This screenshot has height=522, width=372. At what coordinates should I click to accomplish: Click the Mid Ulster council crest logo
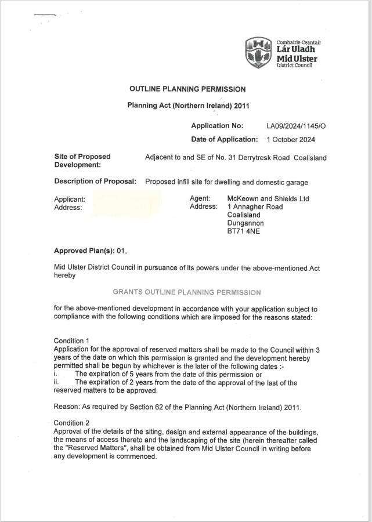[x=258, y=52]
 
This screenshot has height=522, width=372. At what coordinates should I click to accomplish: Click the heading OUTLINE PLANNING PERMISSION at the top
[x=187, y=89]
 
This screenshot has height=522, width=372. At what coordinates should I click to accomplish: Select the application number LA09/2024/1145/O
[x=296, y=126]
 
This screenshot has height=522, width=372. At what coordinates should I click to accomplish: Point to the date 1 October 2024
[x=290, y=140]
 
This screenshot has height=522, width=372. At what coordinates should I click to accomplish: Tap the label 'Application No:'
[x=217, y=126]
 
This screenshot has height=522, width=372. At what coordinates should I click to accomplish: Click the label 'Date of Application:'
[x=224, y=140]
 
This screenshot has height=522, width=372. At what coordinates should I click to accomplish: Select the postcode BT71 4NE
[x=243, y=231]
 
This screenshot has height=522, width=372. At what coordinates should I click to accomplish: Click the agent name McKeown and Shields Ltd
[x=268, y=199]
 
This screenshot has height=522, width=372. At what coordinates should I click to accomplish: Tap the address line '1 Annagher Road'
[x=255, y=207]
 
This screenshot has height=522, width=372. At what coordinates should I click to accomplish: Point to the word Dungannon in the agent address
[x=245, y=223]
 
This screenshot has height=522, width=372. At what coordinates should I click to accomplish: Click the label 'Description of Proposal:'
[x=95, y=182]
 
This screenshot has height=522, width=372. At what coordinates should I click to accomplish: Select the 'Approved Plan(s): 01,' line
[x=90, y=251]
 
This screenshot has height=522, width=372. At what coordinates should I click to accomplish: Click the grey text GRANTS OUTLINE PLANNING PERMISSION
[x=186, y=292]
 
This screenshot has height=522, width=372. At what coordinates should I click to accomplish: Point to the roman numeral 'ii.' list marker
[x=57, y=383]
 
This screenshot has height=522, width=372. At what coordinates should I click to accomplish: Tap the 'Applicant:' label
[x=70, y=200]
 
